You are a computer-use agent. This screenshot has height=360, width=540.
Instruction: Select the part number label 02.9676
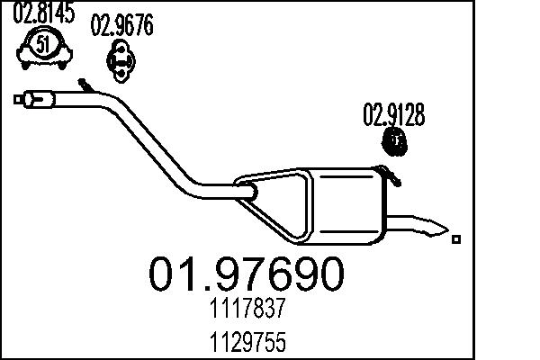[x=121, y=27]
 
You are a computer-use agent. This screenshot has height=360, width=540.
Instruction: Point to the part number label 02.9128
[x=393, y=115]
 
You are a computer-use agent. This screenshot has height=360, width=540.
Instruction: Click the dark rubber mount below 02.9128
[x=394, y=141]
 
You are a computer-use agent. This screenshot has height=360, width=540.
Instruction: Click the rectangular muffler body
[x=346, y=206]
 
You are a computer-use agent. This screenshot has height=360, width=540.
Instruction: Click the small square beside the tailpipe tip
[x=457, y=238]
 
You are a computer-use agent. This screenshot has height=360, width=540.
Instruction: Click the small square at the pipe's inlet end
[x=18, y=98]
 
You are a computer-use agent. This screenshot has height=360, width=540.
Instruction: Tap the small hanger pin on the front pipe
[x=85, y=85]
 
